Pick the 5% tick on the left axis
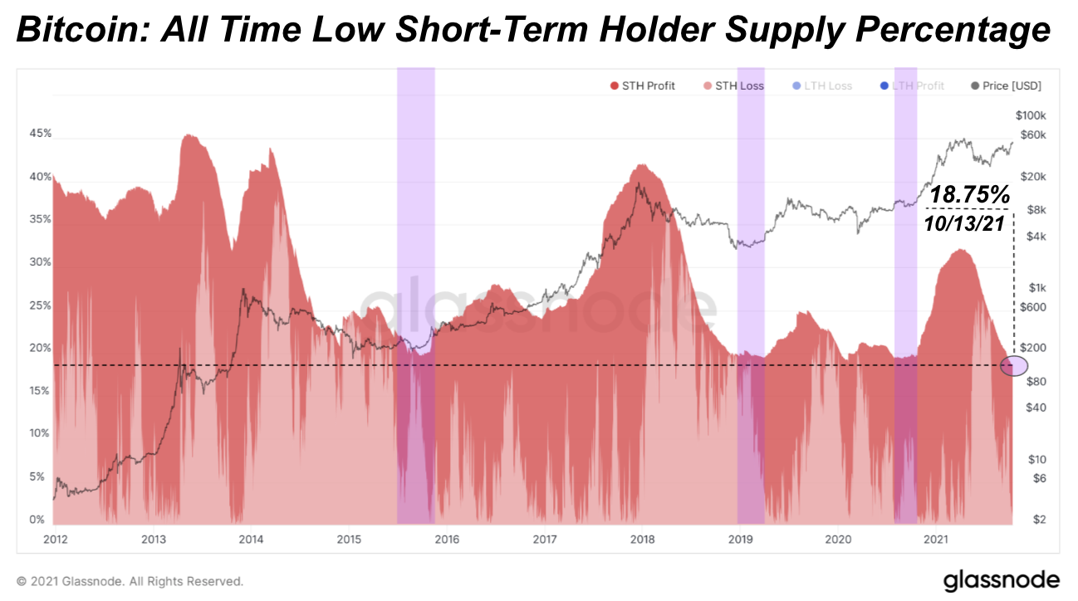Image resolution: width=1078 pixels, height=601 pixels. (x=37, y=477)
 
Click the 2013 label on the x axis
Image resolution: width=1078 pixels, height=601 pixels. (x=152, y=539)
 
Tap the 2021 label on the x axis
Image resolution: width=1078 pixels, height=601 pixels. (x=936, y=539)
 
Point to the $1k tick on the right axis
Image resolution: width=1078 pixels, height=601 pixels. (x=1035, y=287)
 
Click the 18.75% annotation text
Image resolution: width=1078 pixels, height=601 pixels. (x=969, y=196)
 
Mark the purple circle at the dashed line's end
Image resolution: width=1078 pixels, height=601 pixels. (x=1014, y=365)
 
